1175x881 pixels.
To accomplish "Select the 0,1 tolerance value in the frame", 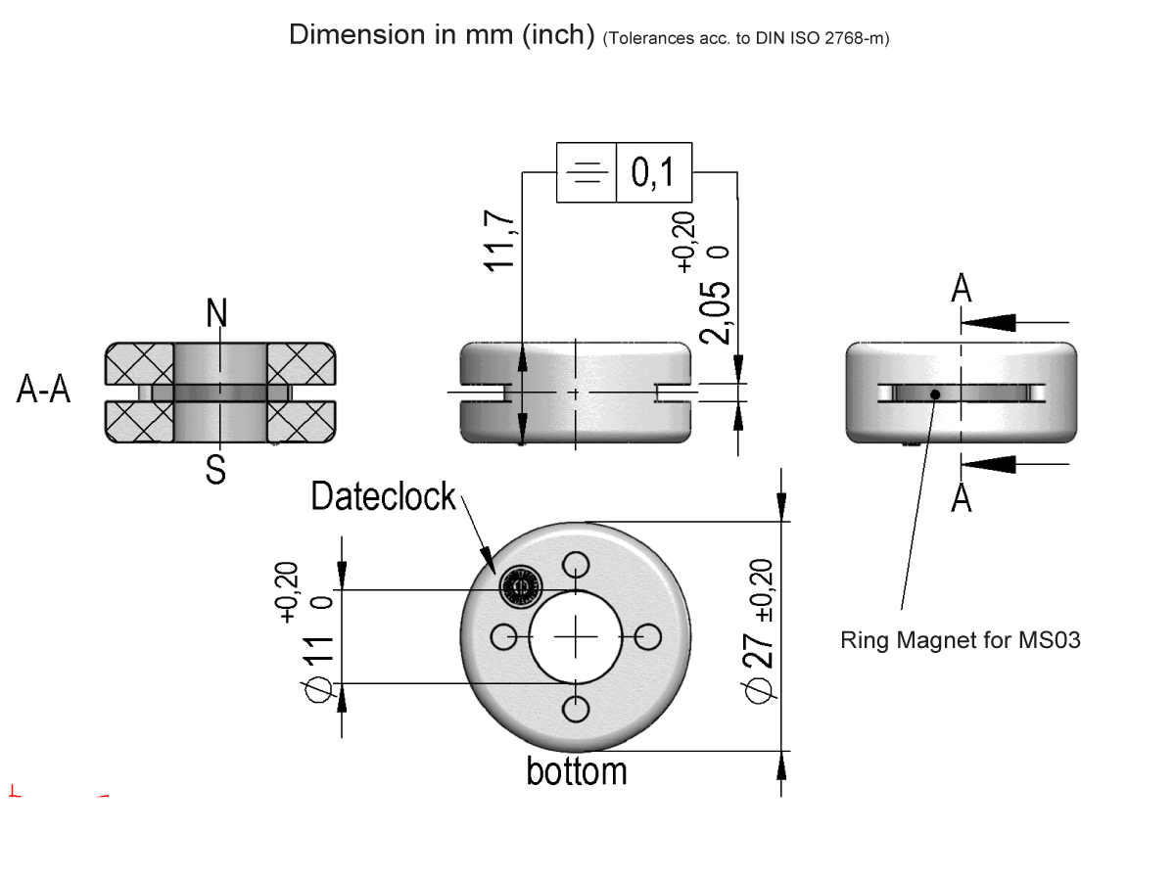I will (653, 173).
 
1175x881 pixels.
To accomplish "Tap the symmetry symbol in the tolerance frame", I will (587, 173).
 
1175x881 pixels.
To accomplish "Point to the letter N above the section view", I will (216, 313).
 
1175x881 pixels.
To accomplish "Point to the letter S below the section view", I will (216, 470).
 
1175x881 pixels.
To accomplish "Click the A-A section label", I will (44, 391).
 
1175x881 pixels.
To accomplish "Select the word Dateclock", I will (383, 497).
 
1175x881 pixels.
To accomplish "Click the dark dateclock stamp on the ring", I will (519, 587).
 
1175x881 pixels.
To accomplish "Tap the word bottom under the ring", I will (577, 771).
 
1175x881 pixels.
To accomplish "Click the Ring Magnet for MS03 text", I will (960, 642).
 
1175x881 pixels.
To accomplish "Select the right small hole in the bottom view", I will (648, 637).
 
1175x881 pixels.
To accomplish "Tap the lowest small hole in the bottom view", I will (577, 709).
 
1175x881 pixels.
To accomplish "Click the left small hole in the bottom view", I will (504, 637).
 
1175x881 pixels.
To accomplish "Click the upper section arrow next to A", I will (999, 321).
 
